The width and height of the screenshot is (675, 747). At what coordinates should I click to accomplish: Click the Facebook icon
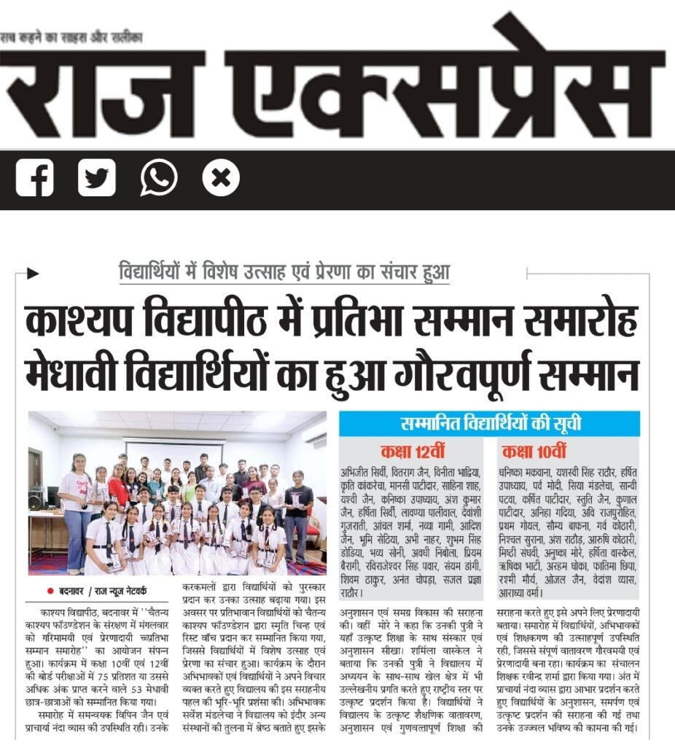(x=34, y=178)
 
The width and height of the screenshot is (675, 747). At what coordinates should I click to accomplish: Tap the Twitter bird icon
(x=96, y=178)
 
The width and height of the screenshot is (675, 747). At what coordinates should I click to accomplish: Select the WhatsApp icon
(x=159, y=178)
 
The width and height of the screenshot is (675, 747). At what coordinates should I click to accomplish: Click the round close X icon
(x=221, y=178)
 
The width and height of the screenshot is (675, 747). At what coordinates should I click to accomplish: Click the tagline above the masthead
(x=71, y=36)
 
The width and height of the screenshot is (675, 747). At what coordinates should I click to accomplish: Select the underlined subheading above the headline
(x=284, y=273)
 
